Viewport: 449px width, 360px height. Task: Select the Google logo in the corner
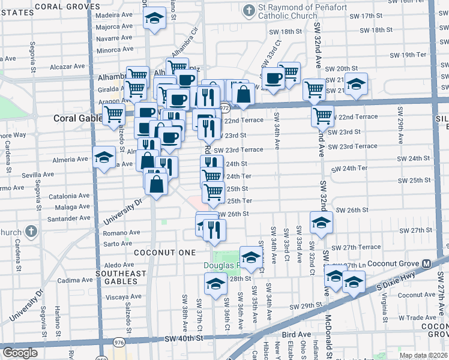tap(20, 352)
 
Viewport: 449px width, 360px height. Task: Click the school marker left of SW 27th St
tap(321, 223)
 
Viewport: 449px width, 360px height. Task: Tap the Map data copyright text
tap(423, 355)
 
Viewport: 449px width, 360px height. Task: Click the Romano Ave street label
tap(122, 232)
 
